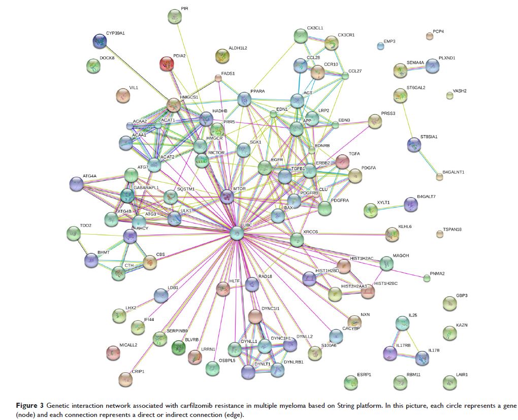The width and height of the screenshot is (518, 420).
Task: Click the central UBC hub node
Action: (x=237, y=233)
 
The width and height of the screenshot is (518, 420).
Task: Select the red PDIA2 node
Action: (x=166, y=63)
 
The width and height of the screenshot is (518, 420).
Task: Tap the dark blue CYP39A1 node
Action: (x=100, y=41)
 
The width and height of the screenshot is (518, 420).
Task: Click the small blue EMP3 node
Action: (x=380, y=47)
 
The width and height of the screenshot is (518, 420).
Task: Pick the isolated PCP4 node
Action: (x=430, y=36)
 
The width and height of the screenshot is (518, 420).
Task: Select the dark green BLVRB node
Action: (x=179, y=347)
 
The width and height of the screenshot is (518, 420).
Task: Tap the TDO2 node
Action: (x=74, y=233)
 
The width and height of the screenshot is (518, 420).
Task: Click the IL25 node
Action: (x=402, y=322)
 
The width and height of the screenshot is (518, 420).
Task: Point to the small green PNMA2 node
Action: (x=427, y=278)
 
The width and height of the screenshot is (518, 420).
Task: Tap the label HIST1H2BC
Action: (x=386, y=283)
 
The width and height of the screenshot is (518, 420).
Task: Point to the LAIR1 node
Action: (x=449, y=382)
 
